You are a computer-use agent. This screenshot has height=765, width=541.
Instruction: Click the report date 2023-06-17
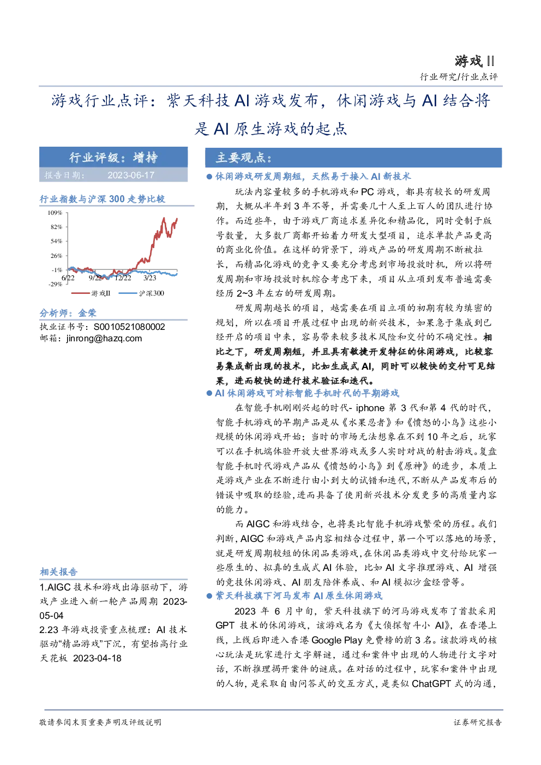click(131, 175)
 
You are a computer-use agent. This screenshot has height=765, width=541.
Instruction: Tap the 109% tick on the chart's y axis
click(55, 213)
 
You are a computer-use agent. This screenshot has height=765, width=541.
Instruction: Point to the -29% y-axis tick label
click(55, 284)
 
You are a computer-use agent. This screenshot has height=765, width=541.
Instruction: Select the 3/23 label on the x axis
click(149, 278)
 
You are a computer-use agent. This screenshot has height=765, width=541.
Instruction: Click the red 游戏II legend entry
click(91, 293)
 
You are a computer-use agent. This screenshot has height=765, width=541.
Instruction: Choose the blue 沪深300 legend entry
click(141, 293)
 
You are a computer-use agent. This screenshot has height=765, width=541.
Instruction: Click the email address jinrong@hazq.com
click(104, 339)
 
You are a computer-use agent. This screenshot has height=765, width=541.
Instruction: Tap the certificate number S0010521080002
click(129, 327)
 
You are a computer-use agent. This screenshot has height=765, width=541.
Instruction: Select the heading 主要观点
click(243, 158)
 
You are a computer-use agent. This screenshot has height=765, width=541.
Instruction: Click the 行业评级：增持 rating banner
click(113, 158)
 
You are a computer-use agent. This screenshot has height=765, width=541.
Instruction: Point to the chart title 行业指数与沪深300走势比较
click(103, 199)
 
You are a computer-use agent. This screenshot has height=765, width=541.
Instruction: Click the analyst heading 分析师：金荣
click(68, 313)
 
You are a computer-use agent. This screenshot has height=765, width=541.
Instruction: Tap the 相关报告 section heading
click(58, 572)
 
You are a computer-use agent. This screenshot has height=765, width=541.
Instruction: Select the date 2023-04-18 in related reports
click(97, 658)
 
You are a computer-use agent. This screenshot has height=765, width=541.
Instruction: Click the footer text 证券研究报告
click(478, 722)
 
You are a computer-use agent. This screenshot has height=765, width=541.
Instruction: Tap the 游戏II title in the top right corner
click(474, 62)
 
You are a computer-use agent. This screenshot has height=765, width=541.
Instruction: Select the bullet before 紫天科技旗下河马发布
click(209, 596)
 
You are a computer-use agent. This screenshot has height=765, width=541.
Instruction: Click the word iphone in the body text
click(370, 408)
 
